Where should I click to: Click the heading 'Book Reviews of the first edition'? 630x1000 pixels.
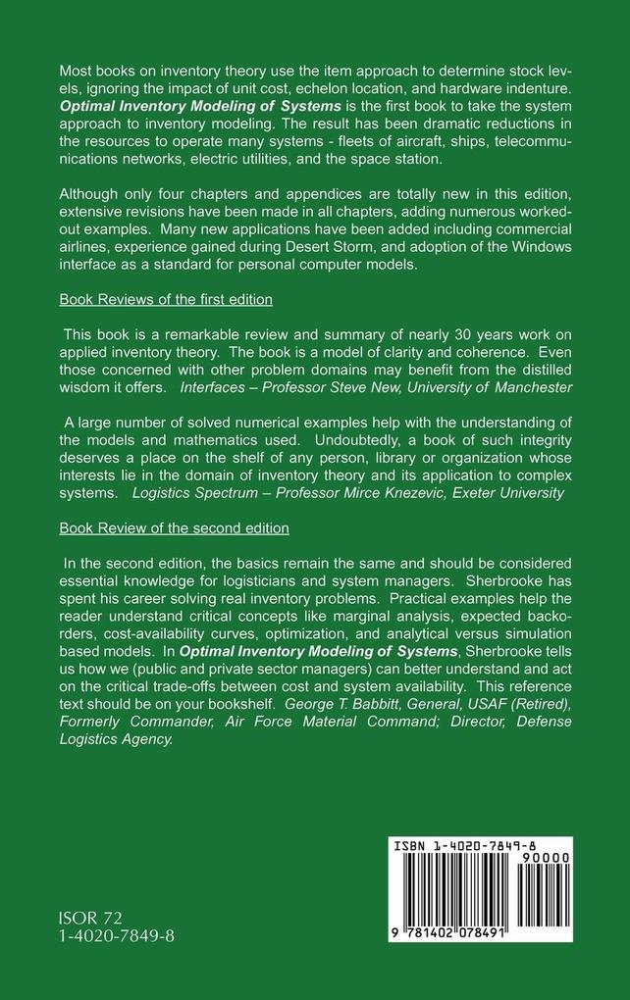pyautogui.click(x=165, y=298)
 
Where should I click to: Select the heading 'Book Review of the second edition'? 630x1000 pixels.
pyautogui.click(x=174, y=527)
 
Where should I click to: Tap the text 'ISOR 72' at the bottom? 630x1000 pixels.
pyautogui.click(x=90, y=918)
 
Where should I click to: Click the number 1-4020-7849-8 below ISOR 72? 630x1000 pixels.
pyautogui.click(x=117, y=937)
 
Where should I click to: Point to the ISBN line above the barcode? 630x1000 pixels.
pyautogui.click(x=465, y=844)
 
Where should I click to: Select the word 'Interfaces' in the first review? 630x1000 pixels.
pyautogui.click(x=213, y=387)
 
